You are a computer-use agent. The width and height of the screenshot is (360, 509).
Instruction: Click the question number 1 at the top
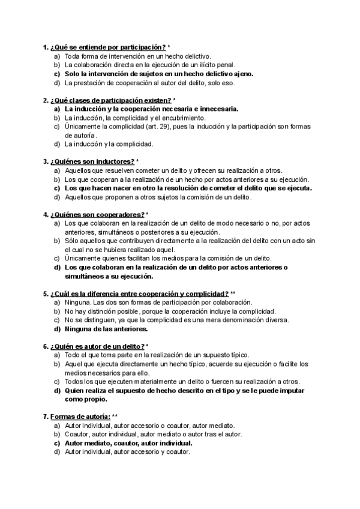pyautogui.click(x=46, y=46)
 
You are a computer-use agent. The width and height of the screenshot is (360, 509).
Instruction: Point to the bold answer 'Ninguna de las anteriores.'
pyautogui.click(x=106, y=329)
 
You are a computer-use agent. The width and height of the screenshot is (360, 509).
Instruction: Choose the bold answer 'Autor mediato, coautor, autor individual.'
pyautogui.click(x=128, y=443)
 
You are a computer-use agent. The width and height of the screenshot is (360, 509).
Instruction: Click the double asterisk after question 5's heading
pyautogui.click(x=233, y=294)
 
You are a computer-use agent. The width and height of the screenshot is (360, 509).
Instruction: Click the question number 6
pyautogui.click(x=46, y=346)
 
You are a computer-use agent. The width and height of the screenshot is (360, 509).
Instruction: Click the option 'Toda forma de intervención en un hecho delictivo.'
pyautogui.click(x=137, y=55)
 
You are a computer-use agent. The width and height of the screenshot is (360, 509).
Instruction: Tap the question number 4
pyautogui.click(x=46, y=214)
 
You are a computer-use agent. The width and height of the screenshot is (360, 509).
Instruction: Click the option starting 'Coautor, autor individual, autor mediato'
pyautogui.click(x=153, y=434)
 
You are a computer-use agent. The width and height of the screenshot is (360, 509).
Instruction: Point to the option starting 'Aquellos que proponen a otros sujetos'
pyautogui.click(x=158, y=197)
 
